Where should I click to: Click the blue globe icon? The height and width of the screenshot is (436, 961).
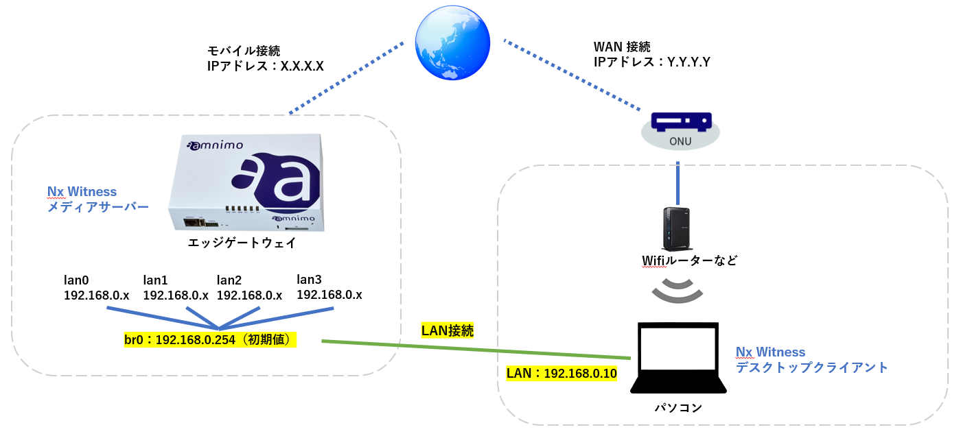pos(452,43)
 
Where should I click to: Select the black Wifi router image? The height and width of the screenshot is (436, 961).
pos(677,229)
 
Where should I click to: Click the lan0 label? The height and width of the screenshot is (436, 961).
pos(76,280)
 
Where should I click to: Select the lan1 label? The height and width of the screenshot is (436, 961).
pos(155,280)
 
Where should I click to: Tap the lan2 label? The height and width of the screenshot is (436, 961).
pos(229,280)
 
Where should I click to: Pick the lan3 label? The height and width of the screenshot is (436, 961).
pos(309,279)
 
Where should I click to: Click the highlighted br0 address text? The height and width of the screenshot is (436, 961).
pos(210,339)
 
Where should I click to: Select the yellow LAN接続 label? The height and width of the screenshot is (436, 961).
pos(447,330)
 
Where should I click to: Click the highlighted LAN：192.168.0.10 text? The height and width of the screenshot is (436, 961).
pos(561,374)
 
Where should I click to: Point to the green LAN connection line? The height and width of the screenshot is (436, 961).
pos(476,350)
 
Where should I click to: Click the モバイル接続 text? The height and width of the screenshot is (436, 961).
pos(244,51)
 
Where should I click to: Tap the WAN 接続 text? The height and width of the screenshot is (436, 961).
pos(622,47)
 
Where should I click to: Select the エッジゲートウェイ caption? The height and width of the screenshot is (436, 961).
pos(242,243)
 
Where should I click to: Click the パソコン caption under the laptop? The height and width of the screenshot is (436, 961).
pos(678,407)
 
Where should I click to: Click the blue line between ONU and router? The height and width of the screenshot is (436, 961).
pos(678,183)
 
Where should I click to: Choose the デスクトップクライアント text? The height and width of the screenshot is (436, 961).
pos(811,367)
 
